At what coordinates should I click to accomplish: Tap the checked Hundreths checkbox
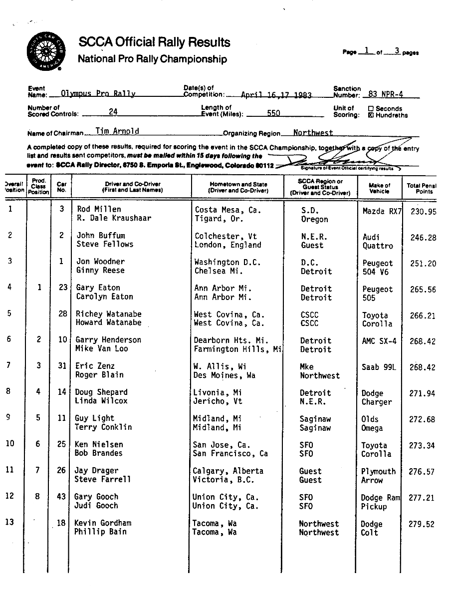point(371,115)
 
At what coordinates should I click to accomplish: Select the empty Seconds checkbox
point(371,108)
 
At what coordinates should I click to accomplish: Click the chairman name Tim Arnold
point(117,131)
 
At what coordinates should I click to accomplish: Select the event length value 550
point(273,113)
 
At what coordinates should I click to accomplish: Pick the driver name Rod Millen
point(99,209)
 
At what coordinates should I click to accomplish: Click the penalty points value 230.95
point(423,212)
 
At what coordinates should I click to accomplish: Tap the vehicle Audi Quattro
point(378,242)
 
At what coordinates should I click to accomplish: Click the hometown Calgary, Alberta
point(228,471)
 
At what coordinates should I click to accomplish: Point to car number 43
point(61,497)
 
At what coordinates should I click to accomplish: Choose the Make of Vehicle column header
point(380,188)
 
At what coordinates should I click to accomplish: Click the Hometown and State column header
point(238,187)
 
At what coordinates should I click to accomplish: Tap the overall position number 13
point(10,522)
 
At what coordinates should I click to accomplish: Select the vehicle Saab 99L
point(379,367)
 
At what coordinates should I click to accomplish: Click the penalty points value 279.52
point(422,524)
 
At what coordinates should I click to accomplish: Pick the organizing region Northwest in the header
point(313,133)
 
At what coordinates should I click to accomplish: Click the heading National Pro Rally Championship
point(152,59)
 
